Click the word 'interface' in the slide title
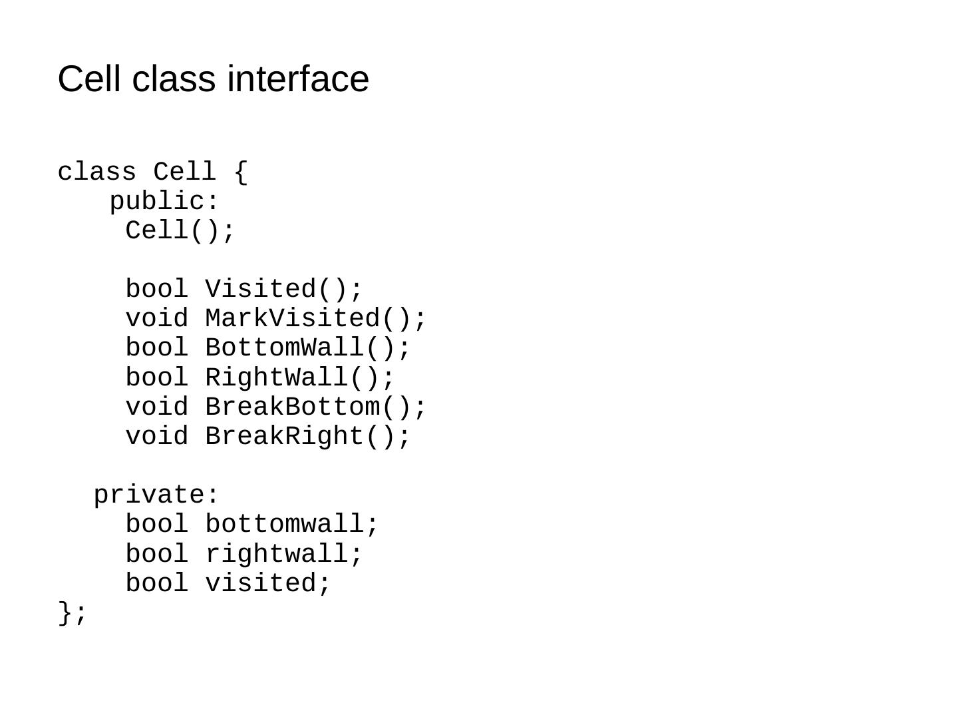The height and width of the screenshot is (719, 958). (297, 79)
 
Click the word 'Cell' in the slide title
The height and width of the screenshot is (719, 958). (89, 79)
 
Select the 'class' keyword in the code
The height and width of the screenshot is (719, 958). (96, 172)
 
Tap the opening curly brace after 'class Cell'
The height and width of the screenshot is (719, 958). (241, 172)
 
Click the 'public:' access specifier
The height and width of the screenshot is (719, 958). (164, 202)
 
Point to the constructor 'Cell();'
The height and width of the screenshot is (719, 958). (180, 231)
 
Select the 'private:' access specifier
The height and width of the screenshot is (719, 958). (156, 495)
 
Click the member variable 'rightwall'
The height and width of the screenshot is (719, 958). (277, 554)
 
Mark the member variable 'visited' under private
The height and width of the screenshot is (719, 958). (261, 583)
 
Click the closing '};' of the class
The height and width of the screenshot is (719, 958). (72, 612)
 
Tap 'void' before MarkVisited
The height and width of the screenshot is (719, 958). (157, 319)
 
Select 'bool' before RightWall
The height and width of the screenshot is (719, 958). (157, 377)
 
